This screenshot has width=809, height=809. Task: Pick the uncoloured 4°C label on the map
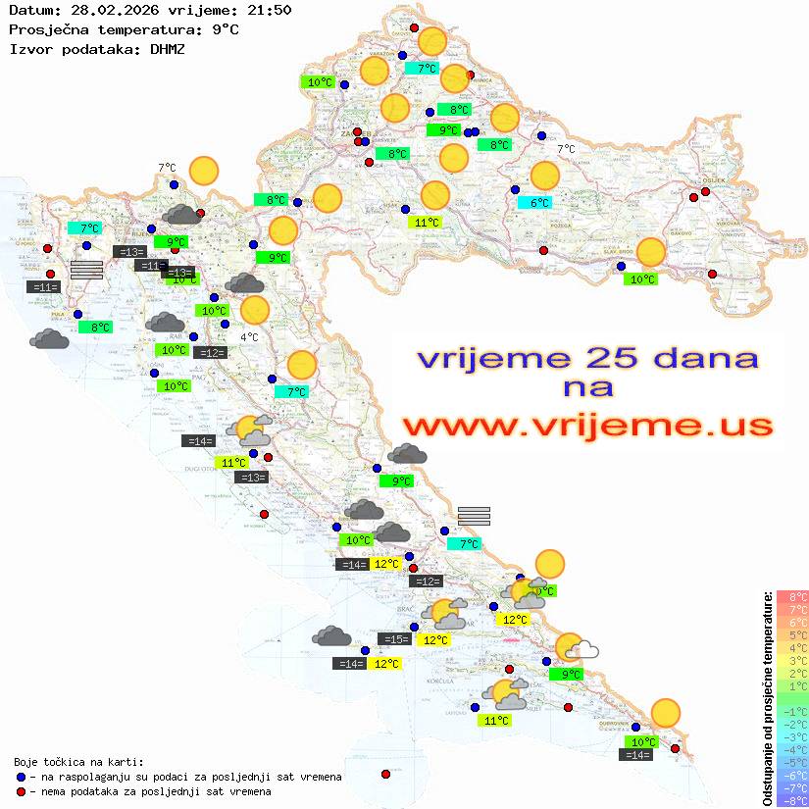[249, 337]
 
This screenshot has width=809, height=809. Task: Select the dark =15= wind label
[394, 639]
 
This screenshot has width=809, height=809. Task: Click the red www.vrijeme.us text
[587, 426]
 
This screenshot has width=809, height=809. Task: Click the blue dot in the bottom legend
[22, 777]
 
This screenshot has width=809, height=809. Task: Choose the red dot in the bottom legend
[22, 791]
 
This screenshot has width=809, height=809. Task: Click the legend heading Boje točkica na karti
[78, 762]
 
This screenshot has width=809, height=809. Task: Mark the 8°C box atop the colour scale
[792, 597]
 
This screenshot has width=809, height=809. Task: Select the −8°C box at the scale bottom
[792, 800]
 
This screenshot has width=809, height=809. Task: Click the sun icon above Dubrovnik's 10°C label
[666, 713]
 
